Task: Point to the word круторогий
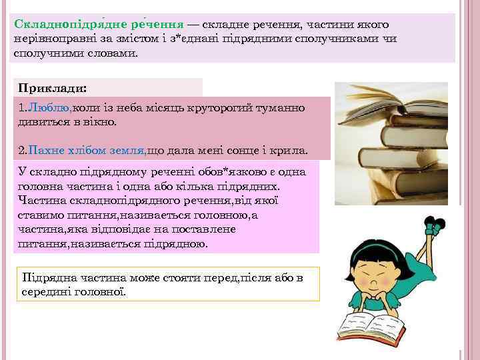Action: (x=213, y=108)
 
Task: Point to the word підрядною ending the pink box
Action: (x=175, y=243)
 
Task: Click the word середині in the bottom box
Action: (x=47, y=291)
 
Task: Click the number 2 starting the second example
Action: (x=21, y=151)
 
